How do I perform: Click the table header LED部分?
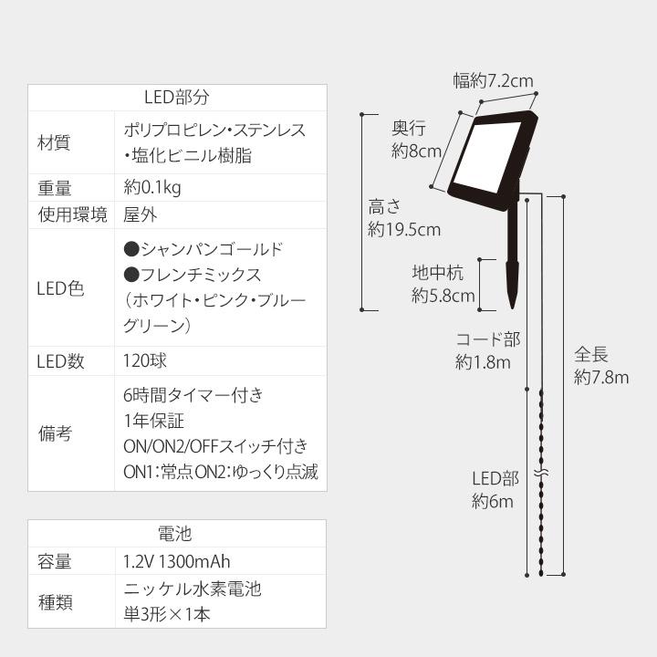coord(177,98)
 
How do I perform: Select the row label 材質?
coord(54,142)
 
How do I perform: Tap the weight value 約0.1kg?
coord(152,188)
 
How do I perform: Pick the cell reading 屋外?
coord(140,215)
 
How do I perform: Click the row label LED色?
coord(60,288)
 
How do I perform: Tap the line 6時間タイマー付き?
coord(193,396)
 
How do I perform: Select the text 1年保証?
coord(153,422)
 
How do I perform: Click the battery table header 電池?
coord(176,533)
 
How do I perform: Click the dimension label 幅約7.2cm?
coord(493,81)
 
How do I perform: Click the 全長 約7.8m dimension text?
coord(600,365)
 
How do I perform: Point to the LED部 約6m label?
coord(494,490)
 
